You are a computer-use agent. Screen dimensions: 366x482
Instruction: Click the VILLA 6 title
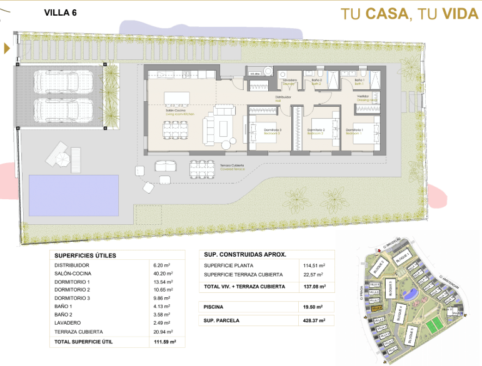pos(60,12)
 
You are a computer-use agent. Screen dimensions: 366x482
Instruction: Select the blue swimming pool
pos(74,187)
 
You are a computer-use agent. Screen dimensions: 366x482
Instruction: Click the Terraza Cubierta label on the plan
pos(231,166)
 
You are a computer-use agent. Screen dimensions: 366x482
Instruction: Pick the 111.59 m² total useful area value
pos(164,342)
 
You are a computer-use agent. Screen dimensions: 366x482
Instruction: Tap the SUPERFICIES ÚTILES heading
pos(86,255)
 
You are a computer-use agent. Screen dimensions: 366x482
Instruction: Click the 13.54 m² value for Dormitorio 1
pos(162,282)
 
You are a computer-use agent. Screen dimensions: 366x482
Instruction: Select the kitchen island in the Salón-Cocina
pos(177,99)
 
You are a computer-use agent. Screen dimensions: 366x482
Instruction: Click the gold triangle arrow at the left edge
pos(7,48)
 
